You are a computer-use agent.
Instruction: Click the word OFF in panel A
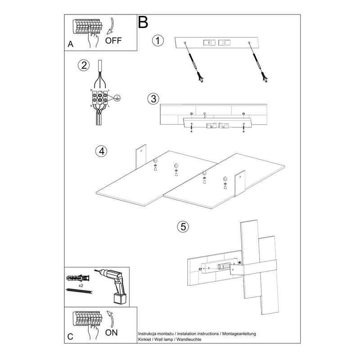coord(113,40)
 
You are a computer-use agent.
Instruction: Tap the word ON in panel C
coord(111,333)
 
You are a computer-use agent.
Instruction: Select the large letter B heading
coord(143,22)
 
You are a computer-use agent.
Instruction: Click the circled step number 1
coord(158,40)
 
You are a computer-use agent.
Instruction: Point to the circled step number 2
coord(84,65)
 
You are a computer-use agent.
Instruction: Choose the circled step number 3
coord(153,99)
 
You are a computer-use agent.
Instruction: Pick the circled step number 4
coord(101,151)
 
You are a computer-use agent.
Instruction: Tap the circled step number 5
coord(183,227)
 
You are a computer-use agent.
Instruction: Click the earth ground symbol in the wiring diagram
coord(117,98)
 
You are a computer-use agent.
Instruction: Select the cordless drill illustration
coord(112,286)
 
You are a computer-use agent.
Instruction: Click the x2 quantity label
coord(81,286)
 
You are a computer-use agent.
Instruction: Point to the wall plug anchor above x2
coord(78,278)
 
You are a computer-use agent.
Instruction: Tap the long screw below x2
coord(79,291)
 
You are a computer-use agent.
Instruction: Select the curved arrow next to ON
coord(111,319)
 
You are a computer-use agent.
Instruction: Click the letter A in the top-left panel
coord(71,44)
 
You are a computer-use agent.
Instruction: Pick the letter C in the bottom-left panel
coord(70,337)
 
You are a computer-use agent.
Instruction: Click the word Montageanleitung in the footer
coord(239,333)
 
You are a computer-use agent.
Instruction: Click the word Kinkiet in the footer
coord(144,339)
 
